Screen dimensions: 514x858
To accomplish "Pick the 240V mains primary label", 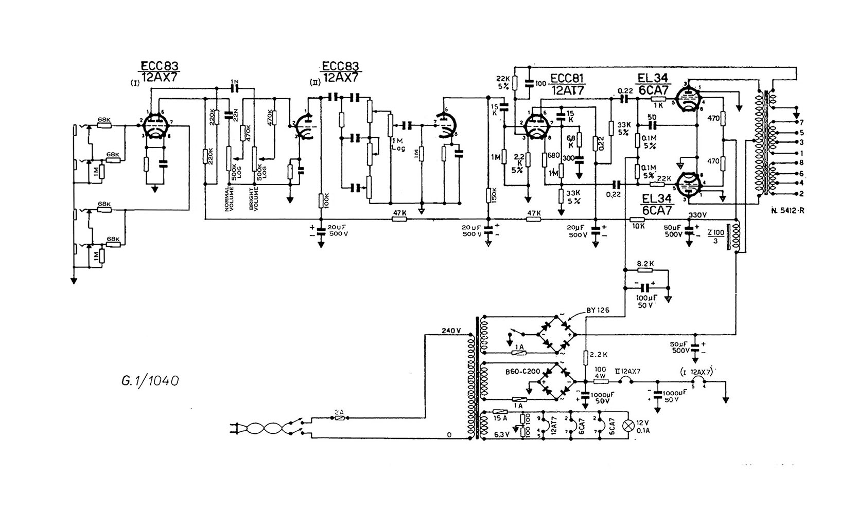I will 451,331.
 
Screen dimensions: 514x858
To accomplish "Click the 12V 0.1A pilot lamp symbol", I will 628,425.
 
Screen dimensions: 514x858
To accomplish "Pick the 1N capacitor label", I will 235,82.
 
